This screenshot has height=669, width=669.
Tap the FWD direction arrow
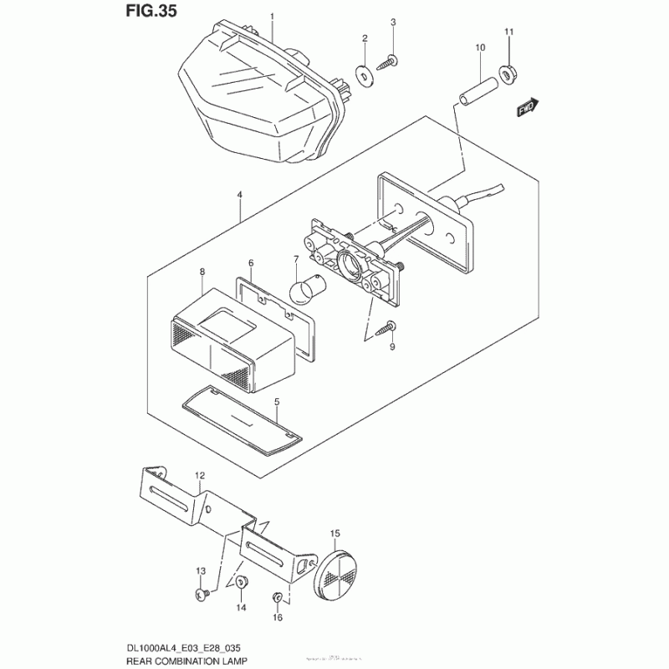[x=527, y=108]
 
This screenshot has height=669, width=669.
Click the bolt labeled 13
[x=202, y=594]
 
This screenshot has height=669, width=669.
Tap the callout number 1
[x=271, y=16]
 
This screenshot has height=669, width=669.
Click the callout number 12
[x=200, y=475]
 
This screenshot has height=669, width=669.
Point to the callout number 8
[x=202, y=272]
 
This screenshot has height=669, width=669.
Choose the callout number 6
[x=251, y=263]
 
